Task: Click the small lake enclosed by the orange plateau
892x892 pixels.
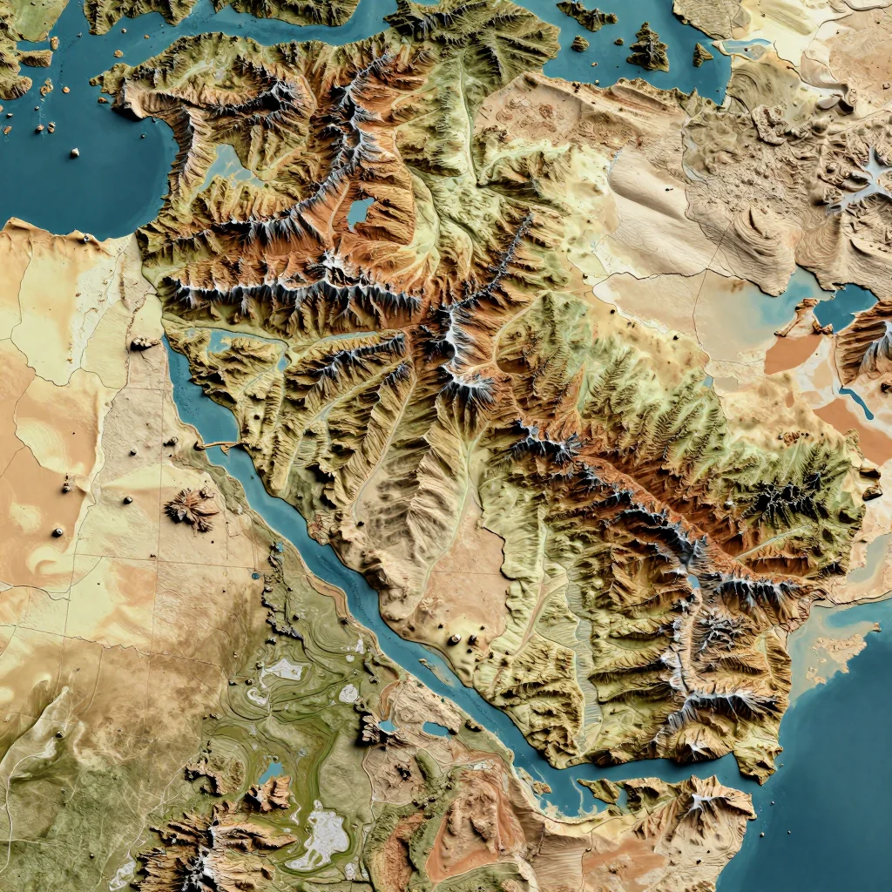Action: [x=360, y=212]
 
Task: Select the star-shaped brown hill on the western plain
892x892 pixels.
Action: [x=193, y=508]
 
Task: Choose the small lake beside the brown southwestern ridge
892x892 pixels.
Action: [x=273, y=771]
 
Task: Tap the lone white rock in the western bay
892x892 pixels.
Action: [x=75, y=152]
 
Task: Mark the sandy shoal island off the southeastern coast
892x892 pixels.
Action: [x=836, y=649]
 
